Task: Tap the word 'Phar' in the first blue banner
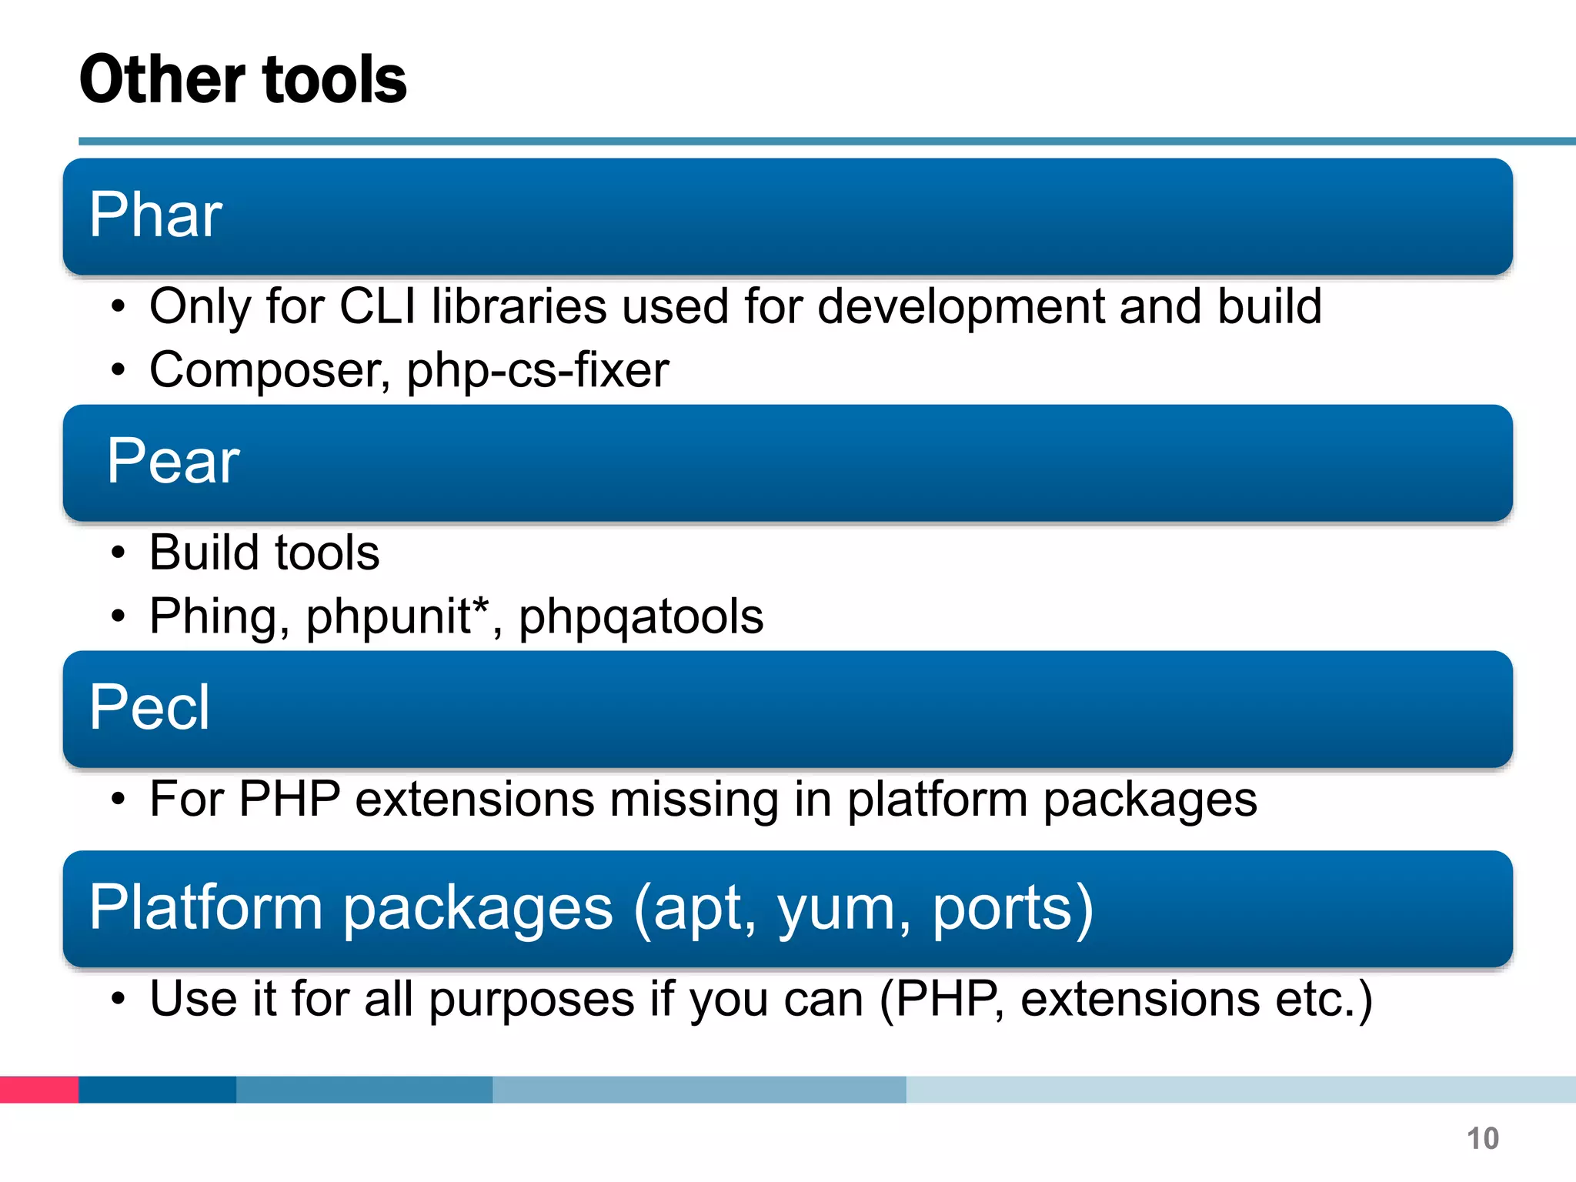[155, 215]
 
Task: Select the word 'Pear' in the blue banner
[173, 461]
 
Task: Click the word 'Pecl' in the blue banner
[149, 707]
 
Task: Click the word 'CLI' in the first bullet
[377, 306]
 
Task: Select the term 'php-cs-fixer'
[538, 370]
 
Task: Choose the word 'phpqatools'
[641, 616]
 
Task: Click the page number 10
[1482, 1138]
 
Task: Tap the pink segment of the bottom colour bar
[39, 1090]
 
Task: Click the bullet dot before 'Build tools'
[118, 553]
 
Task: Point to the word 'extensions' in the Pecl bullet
[475, 799]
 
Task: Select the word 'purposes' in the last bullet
[532, 999]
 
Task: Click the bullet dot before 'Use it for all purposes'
[118, 999]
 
